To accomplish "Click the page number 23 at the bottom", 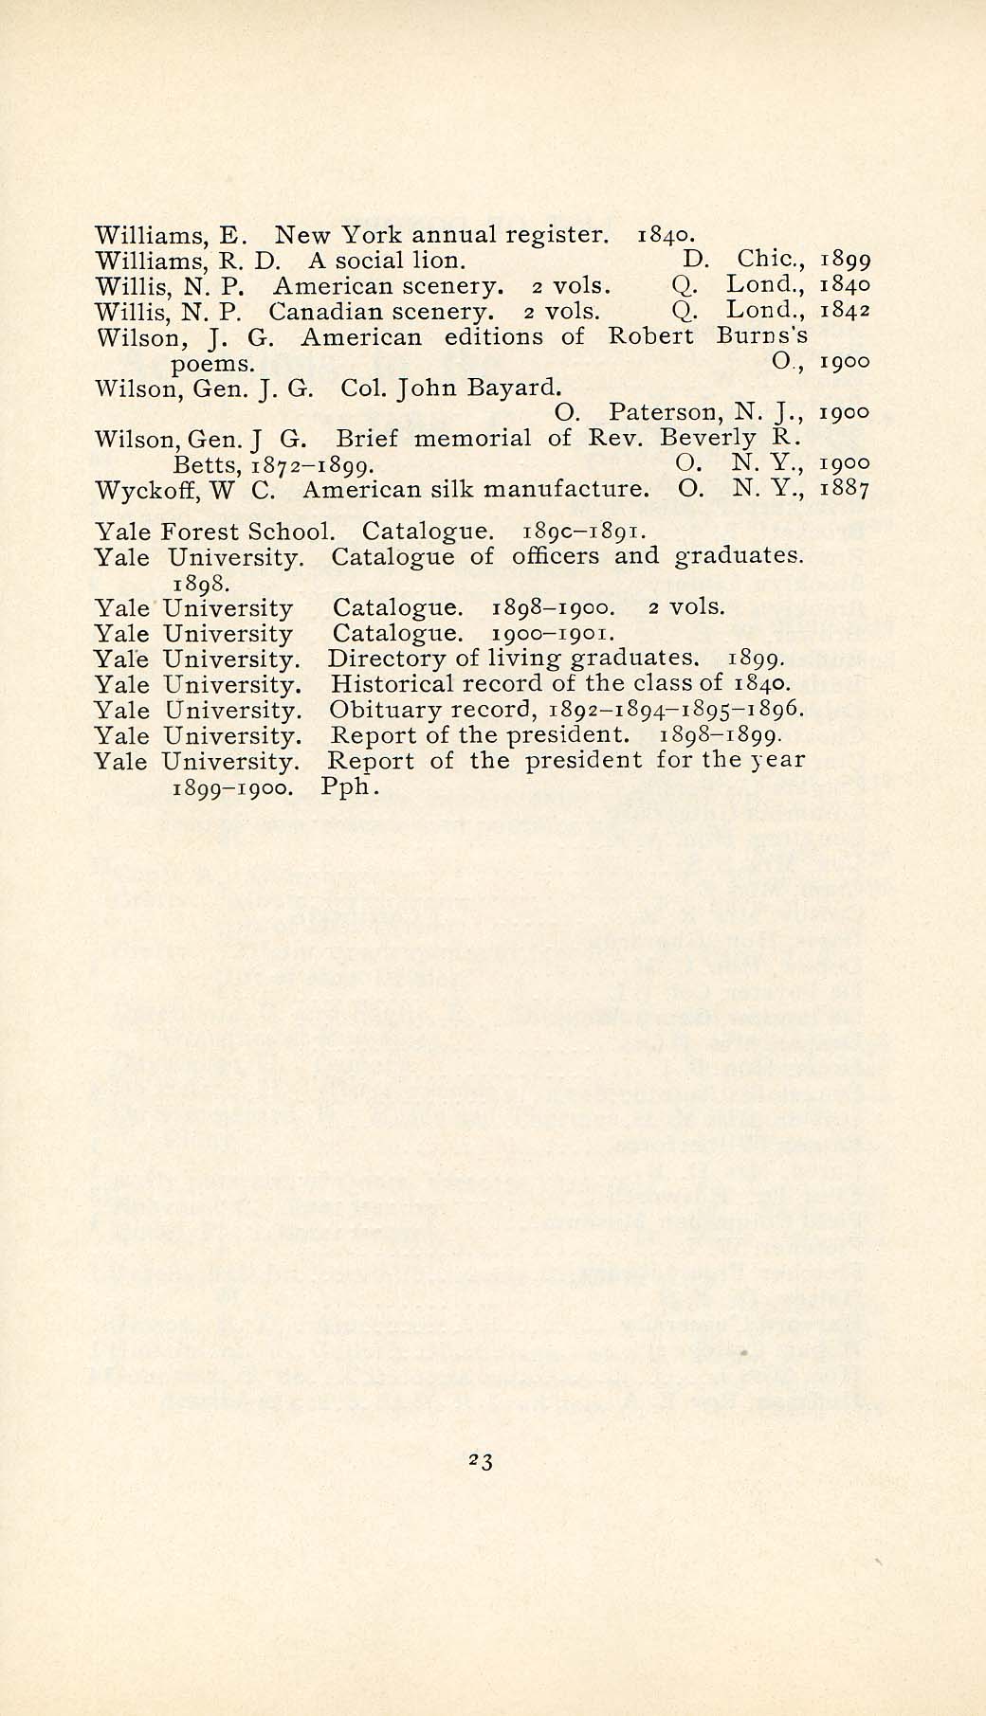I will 480,1461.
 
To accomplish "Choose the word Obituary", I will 377,710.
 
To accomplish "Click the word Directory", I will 379,659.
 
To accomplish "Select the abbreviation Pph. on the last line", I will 351,787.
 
